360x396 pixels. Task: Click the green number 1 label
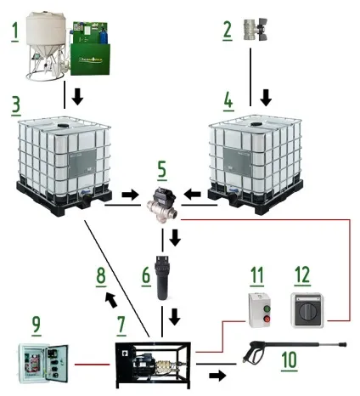coord(15,32)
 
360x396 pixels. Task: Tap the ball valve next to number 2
coord(256,30)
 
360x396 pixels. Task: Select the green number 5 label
coord(162,171)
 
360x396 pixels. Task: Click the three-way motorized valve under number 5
coord(162,206)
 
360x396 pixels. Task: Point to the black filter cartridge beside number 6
coord(162,277)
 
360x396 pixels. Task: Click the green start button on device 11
coord(267,308)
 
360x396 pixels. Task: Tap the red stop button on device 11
coord(267,320)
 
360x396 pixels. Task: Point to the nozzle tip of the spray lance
coord(343,345)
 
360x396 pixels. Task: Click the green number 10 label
coord(290,360)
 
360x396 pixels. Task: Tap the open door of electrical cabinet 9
coord(57,364)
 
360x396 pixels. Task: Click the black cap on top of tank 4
coord(256,124)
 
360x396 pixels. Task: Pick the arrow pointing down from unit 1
coord(77,97)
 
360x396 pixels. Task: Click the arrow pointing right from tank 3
coord(130,195)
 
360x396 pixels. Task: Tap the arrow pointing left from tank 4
coord(192,195)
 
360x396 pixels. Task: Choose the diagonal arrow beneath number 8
coord(110,300)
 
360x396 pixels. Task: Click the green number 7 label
coord(121,325)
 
